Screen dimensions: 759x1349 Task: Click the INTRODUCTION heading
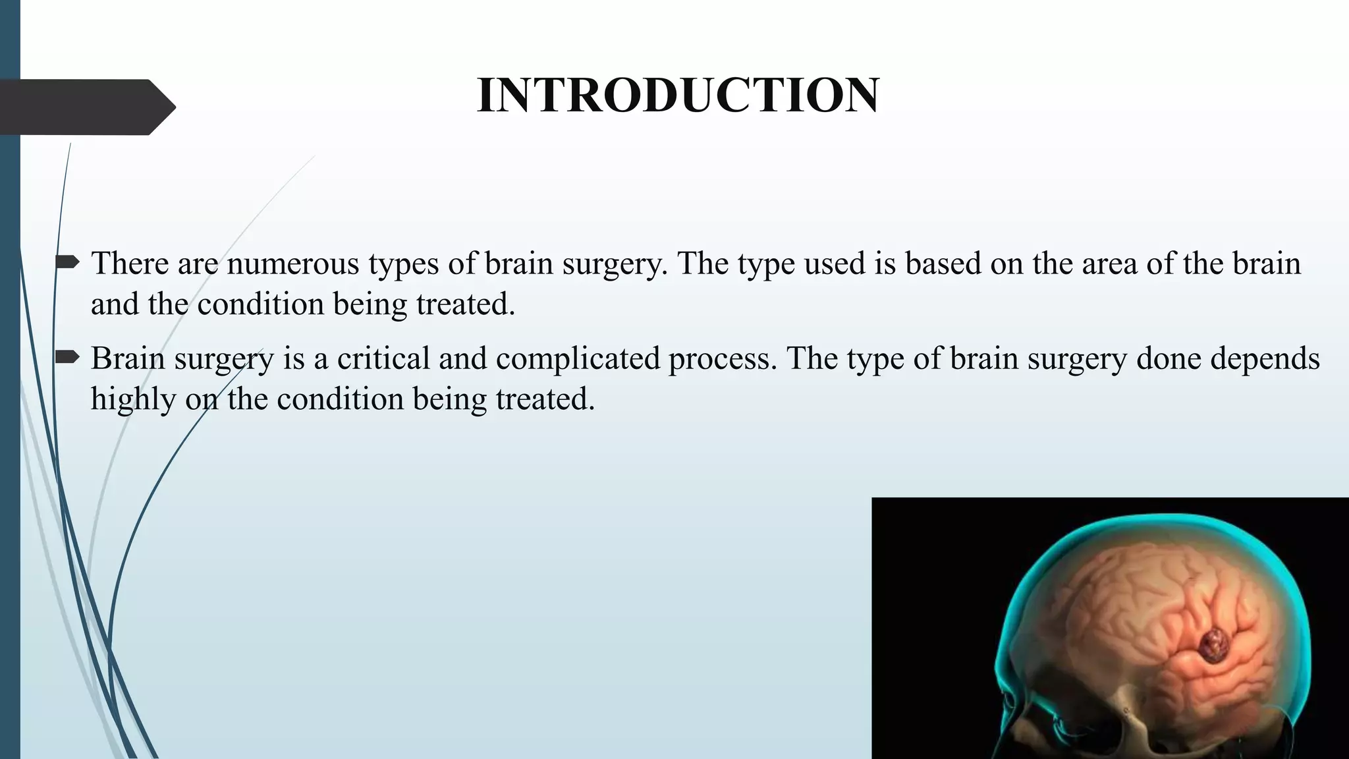click(x=678, y=96)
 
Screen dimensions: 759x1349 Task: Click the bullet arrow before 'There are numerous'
click(x=67, y=264)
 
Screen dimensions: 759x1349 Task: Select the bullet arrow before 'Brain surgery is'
click(x=67, y=358)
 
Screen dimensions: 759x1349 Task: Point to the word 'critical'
click(x=383, y=358)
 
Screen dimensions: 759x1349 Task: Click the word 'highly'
click(x=133, y=399)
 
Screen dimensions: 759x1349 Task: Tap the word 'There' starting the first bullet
click(x=130, y=264)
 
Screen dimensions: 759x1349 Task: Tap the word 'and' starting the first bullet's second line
click(x=115, y=304)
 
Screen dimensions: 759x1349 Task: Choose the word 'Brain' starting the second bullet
click(x=128, y=358)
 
